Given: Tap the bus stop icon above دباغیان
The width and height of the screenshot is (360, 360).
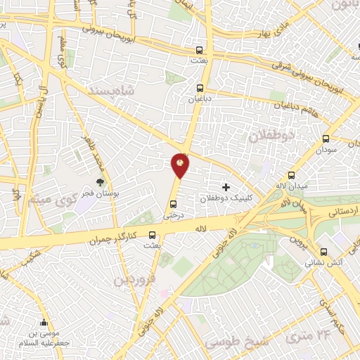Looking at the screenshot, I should [x=201, y=89].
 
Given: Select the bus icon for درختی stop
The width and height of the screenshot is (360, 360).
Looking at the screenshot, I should [x=173, y=205].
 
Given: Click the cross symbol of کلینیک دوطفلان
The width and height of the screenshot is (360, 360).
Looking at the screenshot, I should [x=226, y=187].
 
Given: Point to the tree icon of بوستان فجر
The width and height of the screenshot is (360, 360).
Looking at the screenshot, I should [x=100, y=181].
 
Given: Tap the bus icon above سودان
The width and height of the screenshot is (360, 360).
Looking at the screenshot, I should [x=326, y=139].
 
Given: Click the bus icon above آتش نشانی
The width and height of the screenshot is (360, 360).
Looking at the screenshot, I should [x=323, y=252].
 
